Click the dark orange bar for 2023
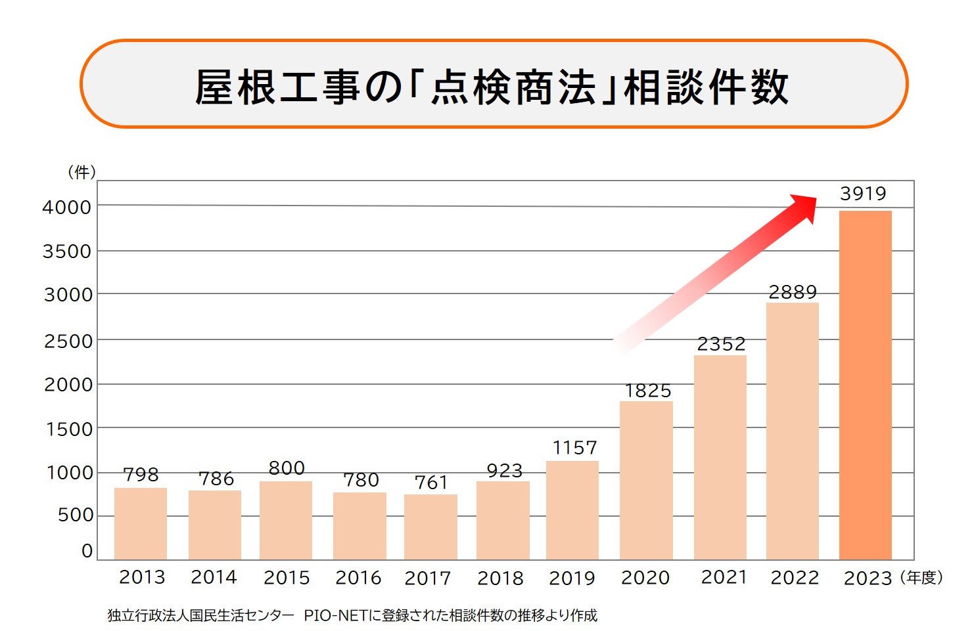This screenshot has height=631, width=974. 865,385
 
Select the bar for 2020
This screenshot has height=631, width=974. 646,480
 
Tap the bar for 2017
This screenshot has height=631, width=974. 430,527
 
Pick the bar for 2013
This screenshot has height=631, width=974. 141,523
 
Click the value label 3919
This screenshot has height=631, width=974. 863,194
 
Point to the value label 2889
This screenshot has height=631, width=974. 793,292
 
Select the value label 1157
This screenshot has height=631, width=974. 574,448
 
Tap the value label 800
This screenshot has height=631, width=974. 287,468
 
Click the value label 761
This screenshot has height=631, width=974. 431,483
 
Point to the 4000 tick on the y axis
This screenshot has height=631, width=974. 67,207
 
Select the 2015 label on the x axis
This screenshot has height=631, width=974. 287,578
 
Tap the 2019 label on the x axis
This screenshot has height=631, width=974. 572,578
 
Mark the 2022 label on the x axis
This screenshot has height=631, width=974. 795,578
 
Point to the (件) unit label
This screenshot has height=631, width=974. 81,172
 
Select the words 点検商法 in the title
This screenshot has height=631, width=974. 513,87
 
